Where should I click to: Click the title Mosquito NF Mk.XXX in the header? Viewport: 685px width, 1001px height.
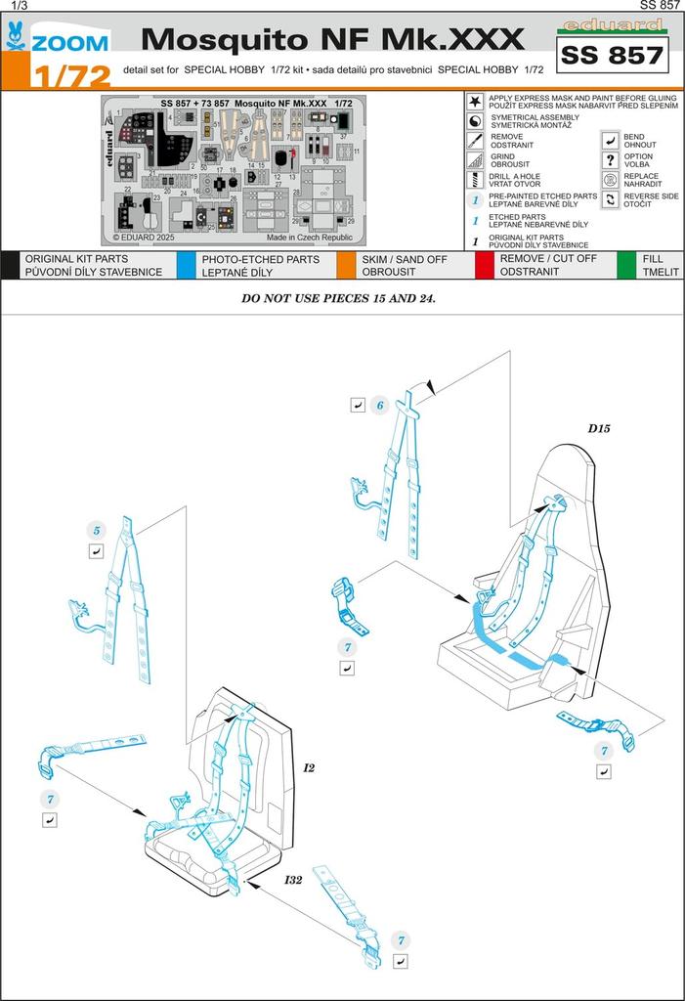[x=332, y=39]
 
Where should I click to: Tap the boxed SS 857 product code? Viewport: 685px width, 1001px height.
[x=612, y=56]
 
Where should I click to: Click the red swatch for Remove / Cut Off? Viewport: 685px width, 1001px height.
[x=485, y=265]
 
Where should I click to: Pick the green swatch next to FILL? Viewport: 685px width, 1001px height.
[x=626, y=265]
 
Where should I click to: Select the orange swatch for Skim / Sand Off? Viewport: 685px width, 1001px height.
[x=345, y=265]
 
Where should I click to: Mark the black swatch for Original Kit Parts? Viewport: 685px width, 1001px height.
[x=10, y=265]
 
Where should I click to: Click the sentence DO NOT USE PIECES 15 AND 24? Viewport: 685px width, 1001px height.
[x=338, y=298]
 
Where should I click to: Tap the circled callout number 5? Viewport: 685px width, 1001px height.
[x=96, y=531]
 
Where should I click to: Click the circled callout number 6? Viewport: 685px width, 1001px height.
[x=381, y=405]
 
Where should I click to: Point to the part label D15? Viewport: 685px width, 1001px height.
[x=598, y=428]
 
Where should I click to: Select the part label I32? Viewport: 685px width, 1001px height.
[x=294, y=880]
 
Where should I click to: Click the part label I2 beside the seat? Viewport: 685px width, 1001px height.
[x=309, y=767]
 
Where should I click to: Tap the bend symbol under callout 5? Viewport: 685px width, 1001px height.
[x=96, y=552]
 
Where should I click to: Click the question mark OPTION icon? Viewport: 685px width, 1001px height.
[x=610, y=159]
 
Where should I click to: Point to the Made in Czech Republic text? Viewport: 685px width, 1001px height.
[x=309, y=237]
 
